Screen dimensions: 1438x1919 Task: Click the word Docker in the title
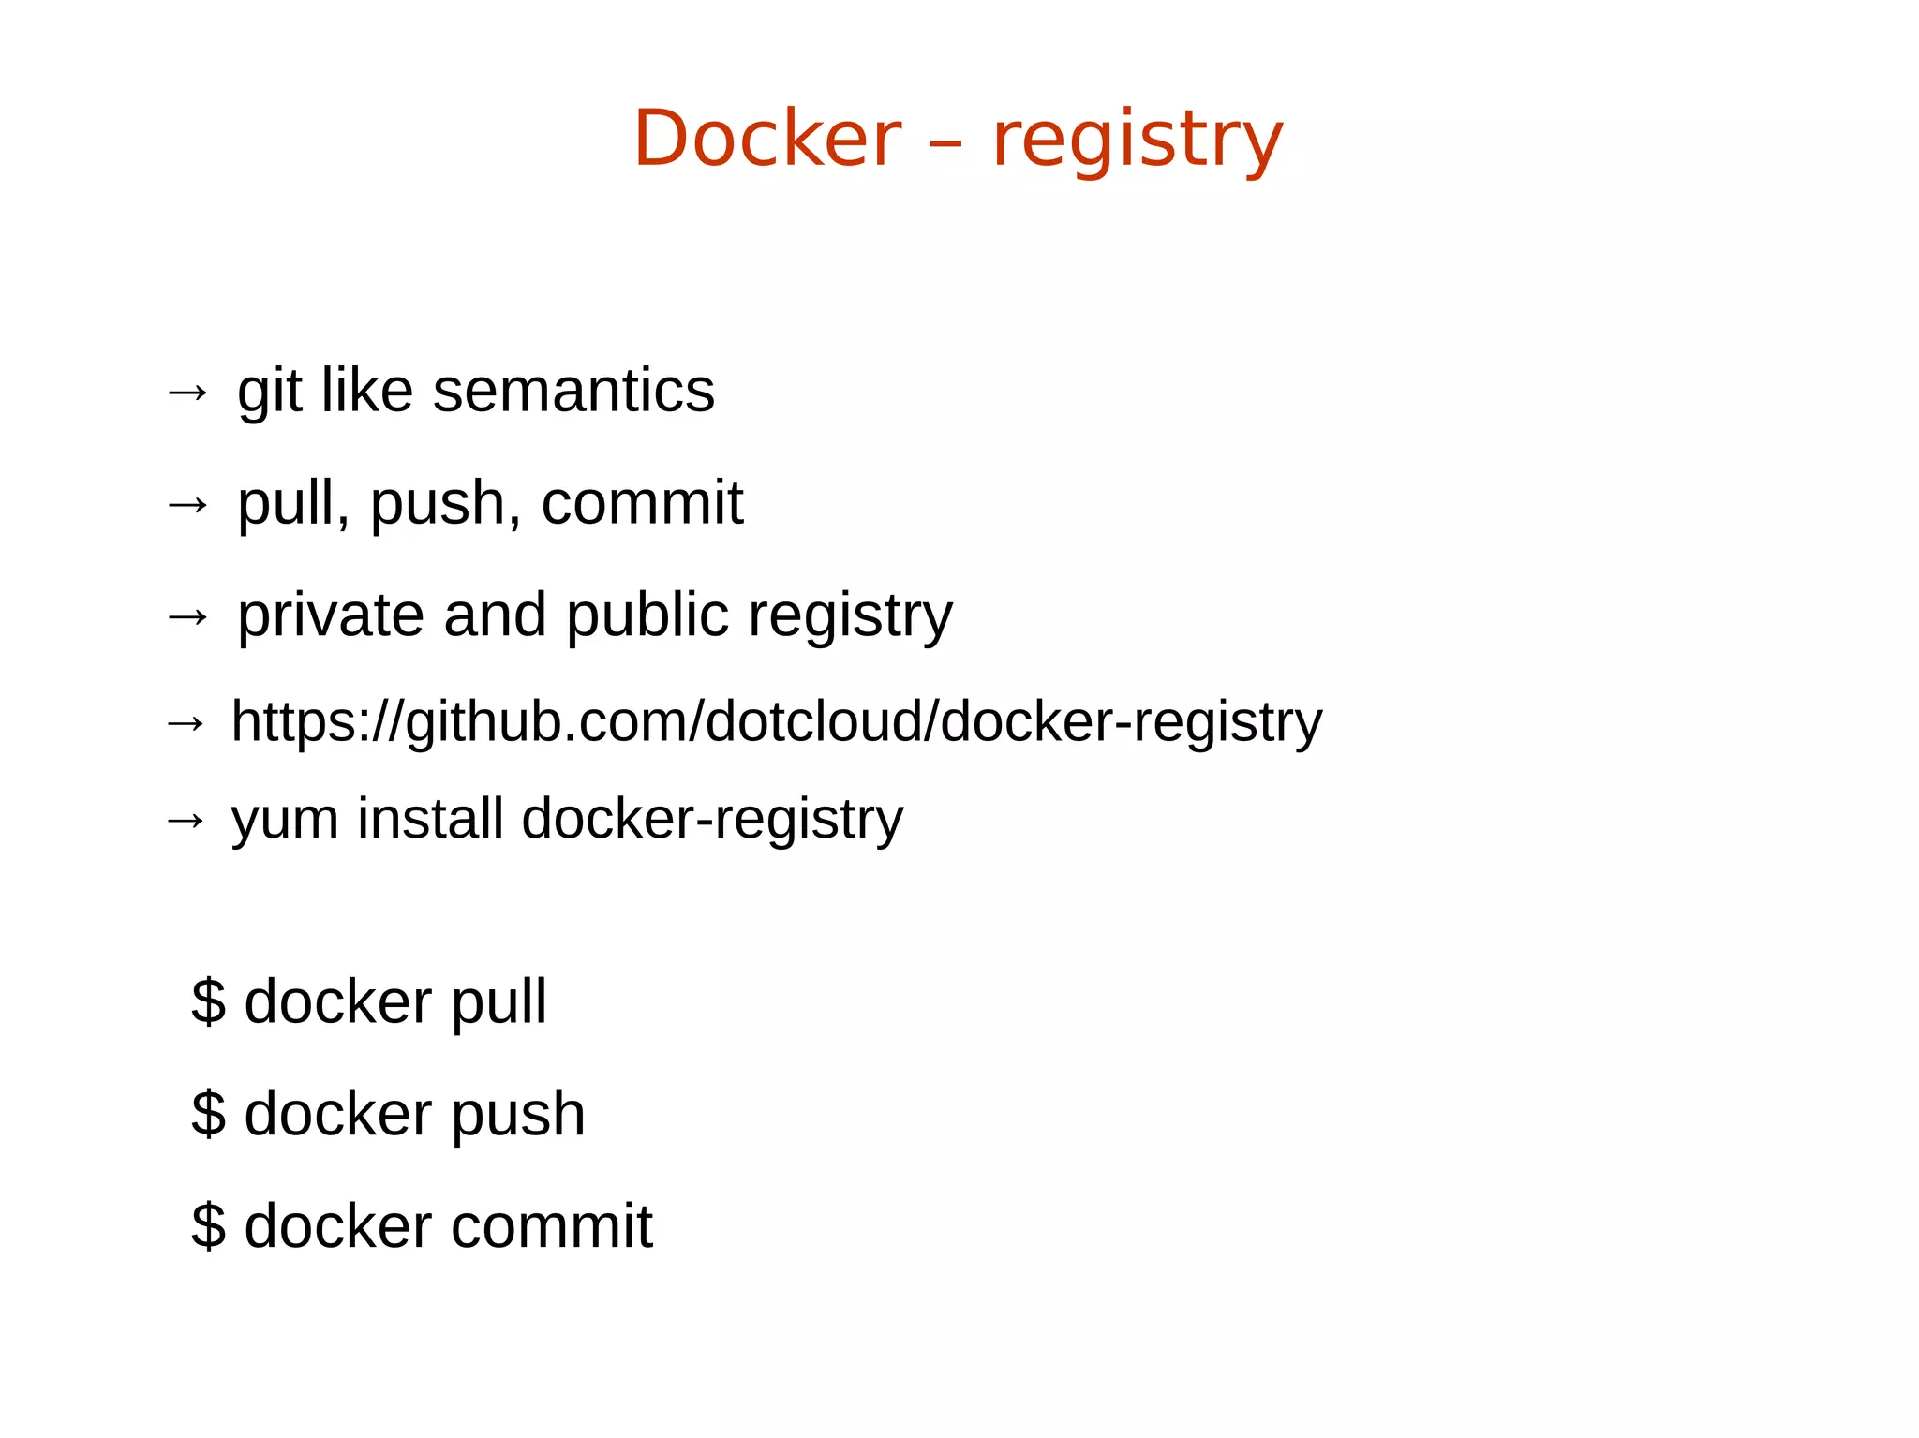tap(766, 139)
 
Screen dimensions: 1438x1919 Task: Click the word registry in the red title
tap(1137, 141)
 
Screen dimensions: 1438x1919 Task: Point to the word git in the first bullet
tap(269, 392)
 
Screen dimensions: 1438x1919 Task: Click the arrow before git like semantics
tap(187, 392)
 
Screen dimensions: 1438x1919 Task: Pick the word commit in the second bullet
tap(642, 503)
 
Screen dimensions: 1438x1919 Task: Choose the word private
tap(331, 615)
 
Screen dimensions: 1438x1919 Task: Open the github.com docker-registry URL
tap(776, 722)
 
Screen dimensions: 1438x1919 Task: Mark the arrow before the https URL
tap(186, 723)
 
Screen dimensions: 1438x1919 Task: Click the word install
tap(431, 819)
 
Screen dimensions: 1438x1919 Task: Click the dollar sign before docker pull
tap(208, 1001)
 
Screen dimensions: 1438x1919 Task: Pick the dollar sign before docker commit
tap(208, 1225)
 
